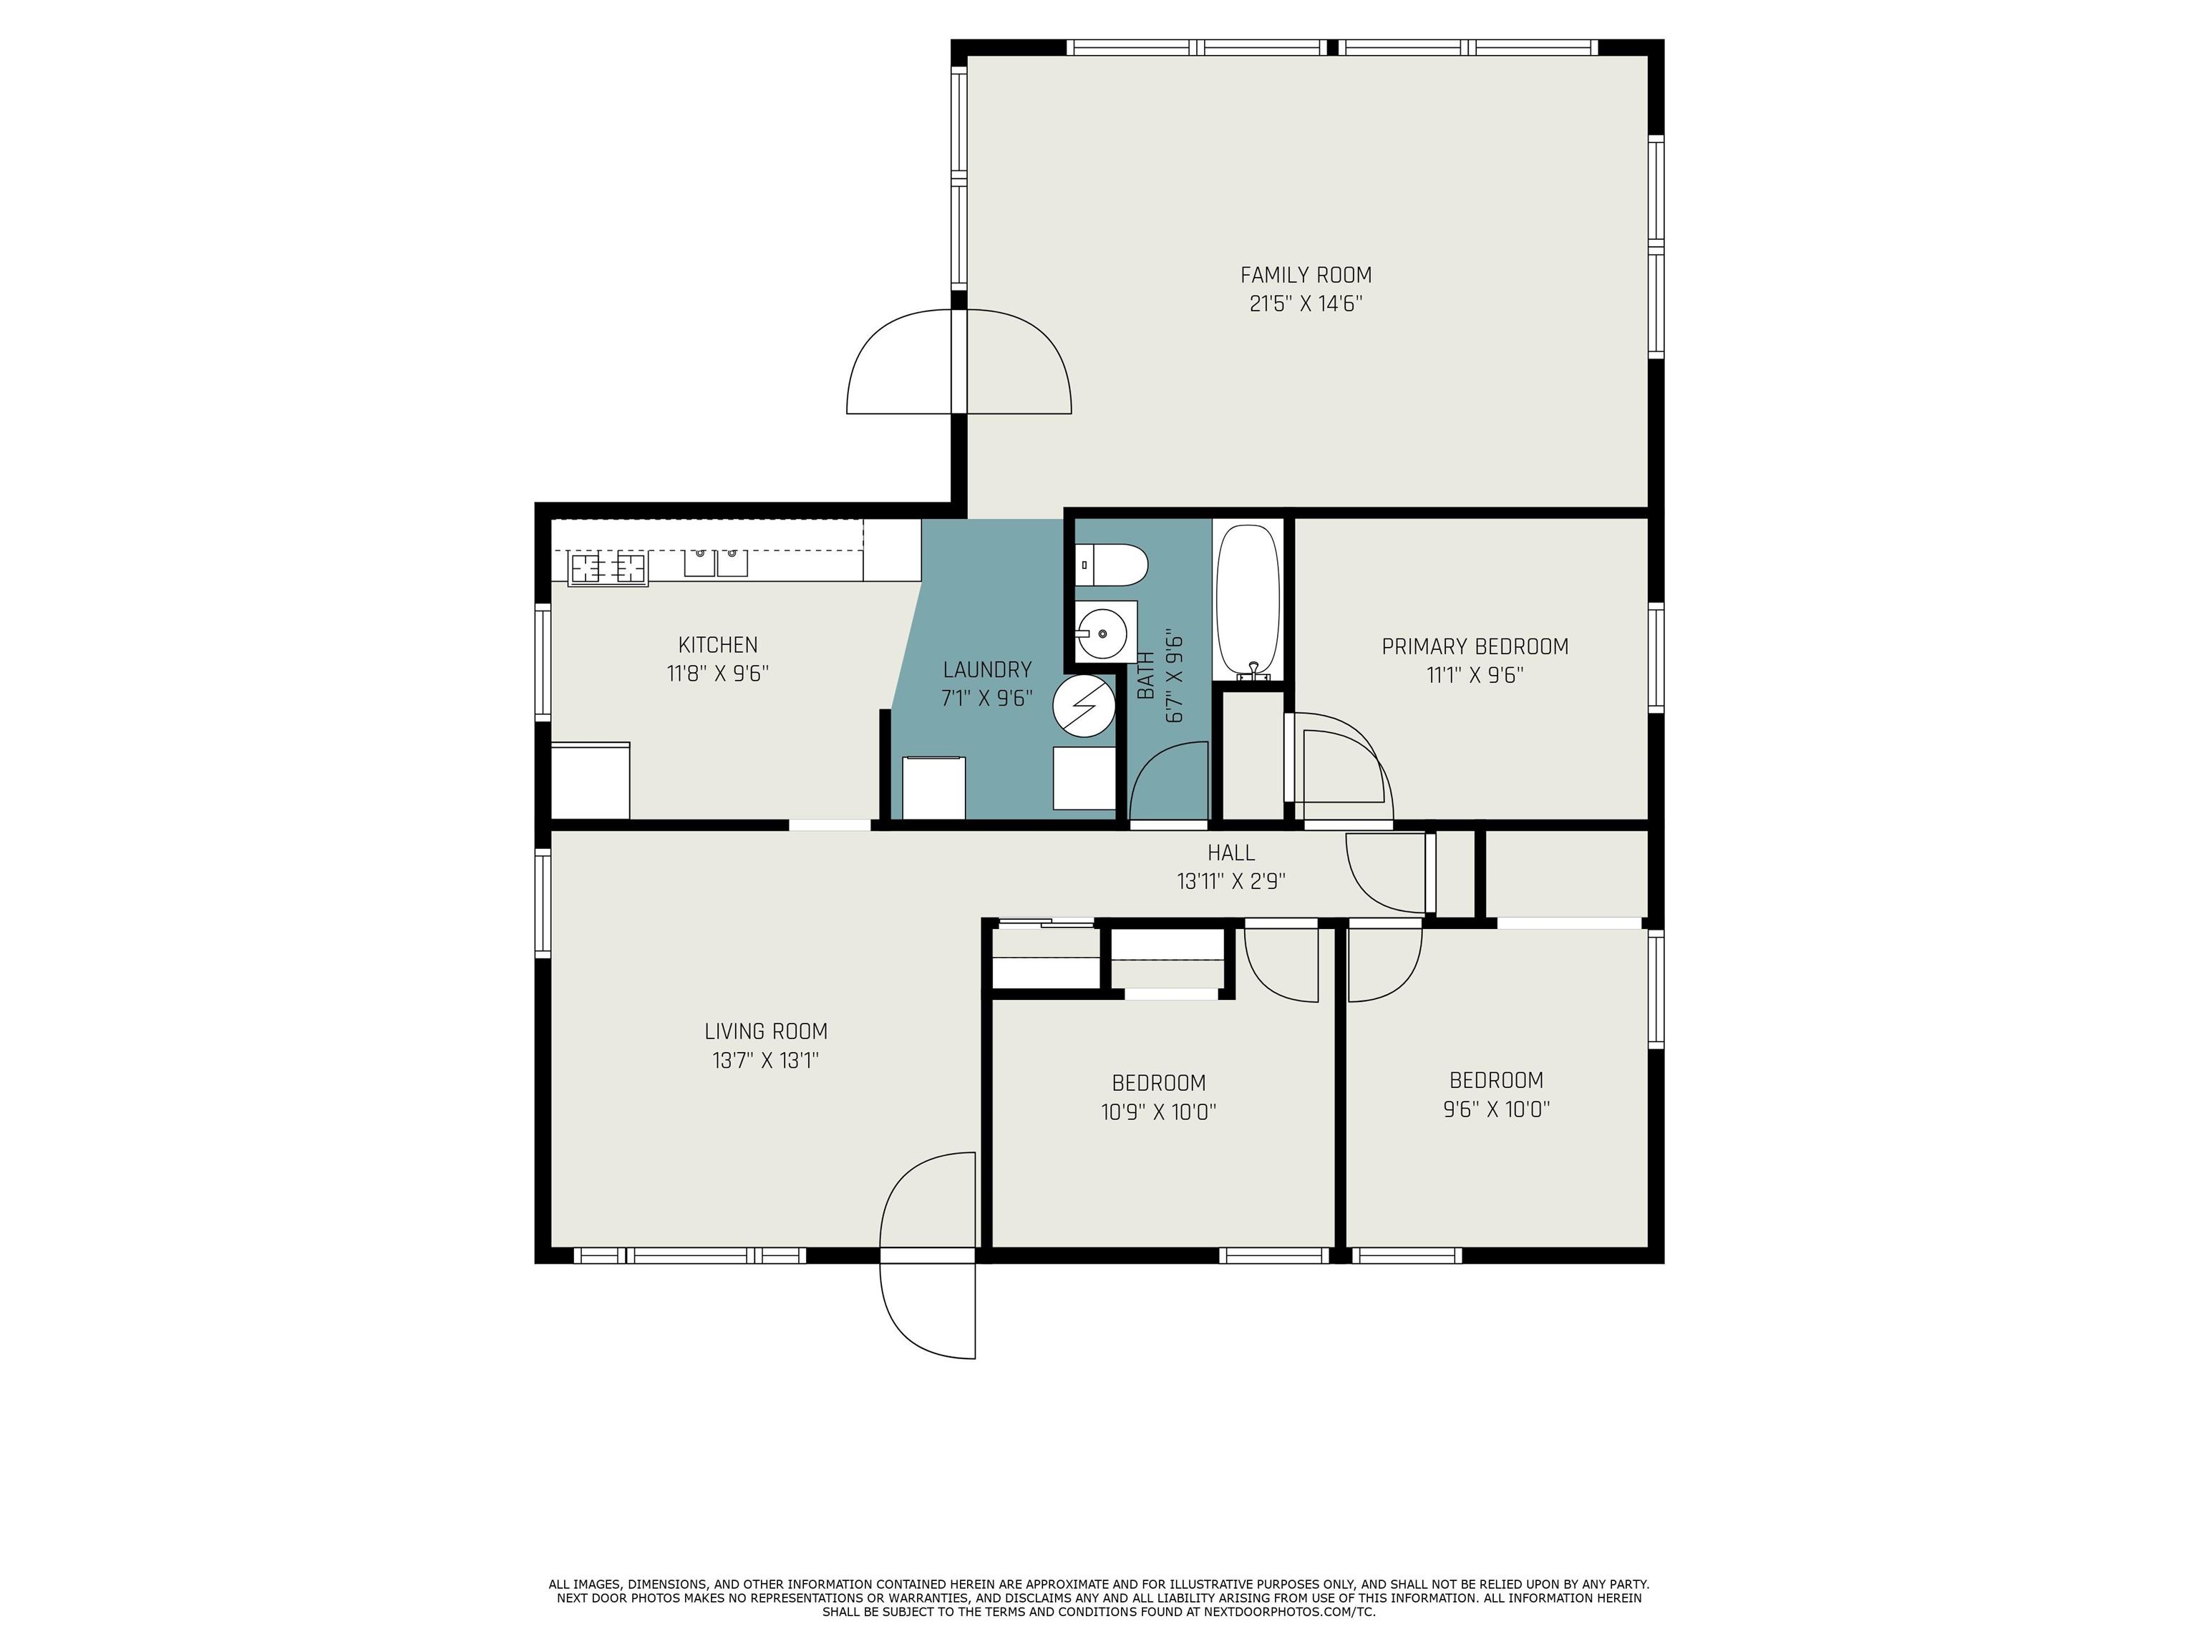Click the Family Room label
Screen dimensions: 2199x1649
[1305, 276]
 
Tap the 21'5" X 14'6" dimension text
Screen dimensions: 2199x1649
[1305, 304]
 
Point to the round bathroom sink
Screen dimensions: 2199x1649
[1102, 630]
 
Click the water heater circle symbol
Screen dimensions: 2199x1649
[1084, 706]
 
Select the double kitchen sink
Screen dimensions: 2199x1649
[716, 563]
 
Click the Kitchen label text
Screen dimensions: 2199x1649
[718, 645]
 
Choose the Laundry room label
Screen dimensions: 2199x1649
[987, 670]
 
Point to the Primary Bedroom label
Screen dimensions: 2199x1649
[1475, 647]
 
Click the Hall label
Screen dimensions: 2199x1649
[1230, 853]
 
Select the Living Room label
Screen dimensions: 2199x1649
[765, 1032]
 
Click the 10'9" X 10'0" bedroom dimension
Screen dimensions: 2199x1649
[1158, 1112]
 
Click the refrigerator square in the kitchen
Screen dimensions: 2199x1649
[591, 782]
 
